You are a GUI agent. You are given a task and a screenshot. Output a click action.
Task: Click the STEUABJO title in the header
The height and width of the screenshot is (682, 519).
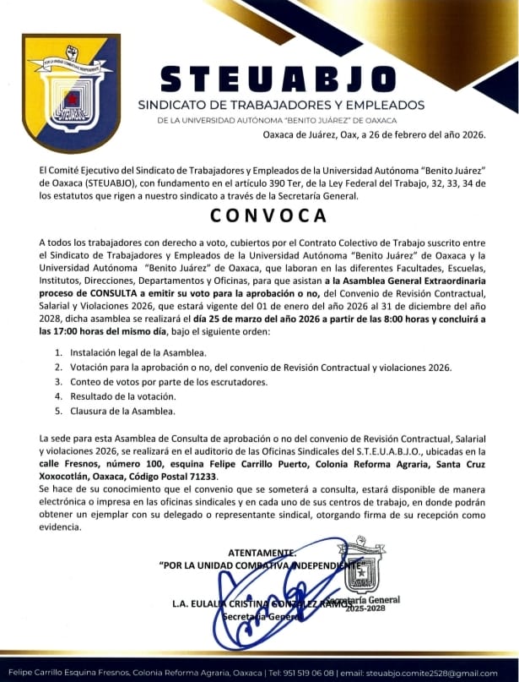(x=278, y=79)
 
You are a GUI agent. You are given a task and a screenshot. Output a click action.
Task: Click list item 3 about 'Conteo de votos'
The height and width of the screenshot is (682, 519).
(x=168, y=382)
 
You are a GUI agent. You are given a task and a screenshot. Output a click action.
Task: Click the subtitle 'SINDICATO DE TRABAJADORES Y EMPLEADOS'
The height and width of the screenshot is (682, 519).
(x=281, y=105)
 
